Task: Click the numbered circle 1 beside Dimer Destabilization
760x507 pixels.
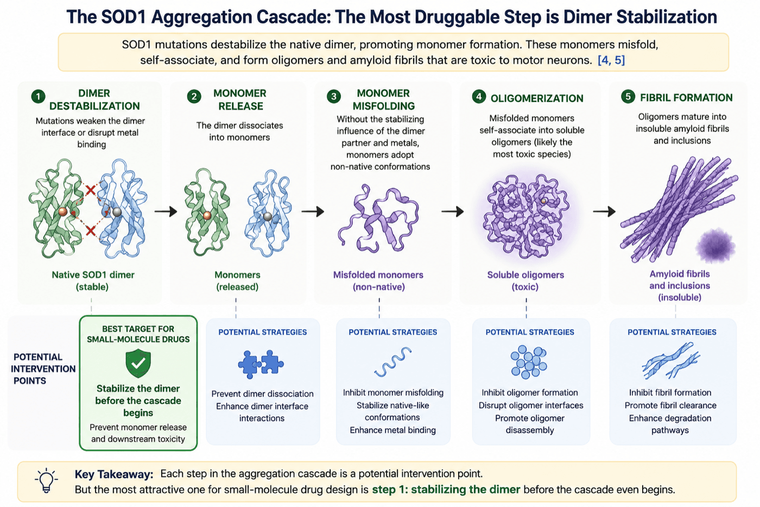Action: pos(38,97)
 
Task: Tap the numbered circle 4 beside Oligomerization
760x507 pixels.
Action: pos(479,97)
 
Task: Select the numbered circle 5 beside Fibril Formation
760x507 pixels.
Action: pos(628,97)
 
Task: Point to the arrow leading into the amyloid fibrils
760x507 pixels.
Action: pos(604,211)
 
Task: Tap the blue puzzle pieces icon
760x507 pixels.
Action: pos(261,364)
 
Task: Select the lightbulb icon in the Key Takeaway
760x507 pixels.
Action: pos(47,481)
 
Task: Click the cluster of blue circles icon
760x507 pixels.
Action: pos(529,362)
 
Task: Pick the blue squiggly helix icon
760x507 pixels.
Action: pos(393,362)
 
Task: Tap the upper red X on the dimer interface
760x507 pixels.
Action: pos(91,190)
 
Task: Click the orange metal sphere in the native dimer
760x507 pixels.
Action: pos(63,212)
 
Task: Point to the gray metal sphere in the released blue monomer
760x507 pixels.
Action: pos(268,216)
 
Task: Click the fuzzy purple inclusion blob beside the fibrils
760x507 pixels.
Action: pos(715,246)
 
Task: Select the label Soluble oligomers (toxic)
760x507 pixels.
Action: pos(525,281)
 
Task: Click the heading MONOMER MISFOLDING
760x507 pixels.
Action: pos(383,99)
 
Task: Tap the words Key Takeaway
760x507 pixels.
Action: pos(114,474)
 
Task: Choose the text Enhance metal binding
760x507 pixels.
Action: pos(393,430)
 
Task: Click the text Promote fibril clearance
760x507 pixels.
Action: pos(670,405)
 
